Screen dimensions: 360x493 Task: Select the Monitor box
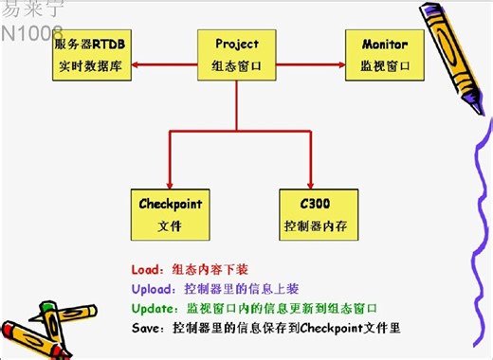click(x=384, y=56)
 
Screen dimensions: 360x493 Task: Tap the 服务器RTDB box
click(x=91, y=56)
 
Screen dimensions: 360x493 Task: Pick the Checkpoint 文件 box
click(x=171, y=215)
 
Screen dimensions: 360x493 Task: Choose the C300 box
click(x=319, y=215)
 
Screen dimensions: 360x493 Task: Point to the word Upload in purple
click(x=152, y=288)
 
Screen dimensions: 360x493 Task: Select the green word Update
click(x=153, y=308)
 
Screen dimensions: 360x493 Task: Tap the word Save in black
click(x=147, y=328)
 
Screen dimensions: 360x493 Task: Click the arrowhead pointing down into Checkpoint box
click(x=171, y=184)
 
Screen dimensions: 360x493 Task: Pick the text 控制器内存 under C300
click(x=319, y=226)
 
